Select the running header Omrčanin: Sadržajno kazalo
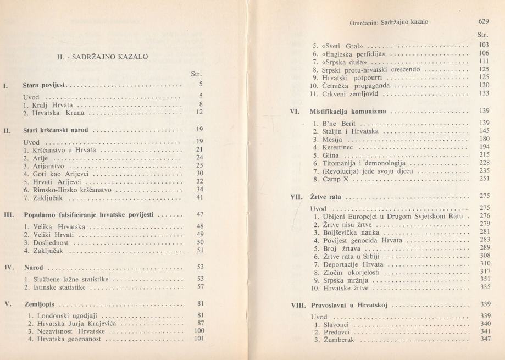pyautogui.click(x=389, y=23)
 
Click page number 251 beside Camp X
pyautogui.click(x=484, y=179)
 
